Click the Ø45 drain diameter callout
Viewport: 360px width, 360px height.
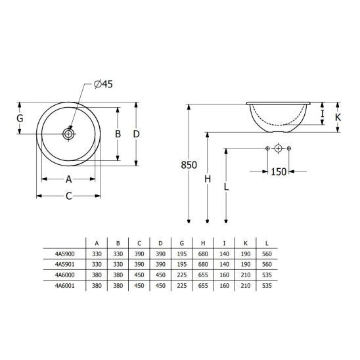pos(105,84)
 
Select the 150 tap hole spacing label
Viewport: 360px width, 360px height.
pos(278,171)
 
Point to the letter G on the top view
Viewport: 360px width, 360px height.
pos(20,119)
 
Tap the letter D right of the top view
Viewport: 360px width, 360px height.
pos(136,133)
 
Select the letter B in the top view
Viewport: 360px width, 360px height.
pos(118,133)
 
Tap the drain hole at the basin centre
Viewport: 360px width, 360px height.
pos(68,133)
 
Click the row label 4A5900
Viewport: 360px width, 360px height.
pos(68,252)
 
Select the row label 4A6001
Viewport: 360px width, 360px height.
pos(68,286)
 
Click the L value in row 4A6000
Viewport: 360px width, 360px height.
pos(267,275)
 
